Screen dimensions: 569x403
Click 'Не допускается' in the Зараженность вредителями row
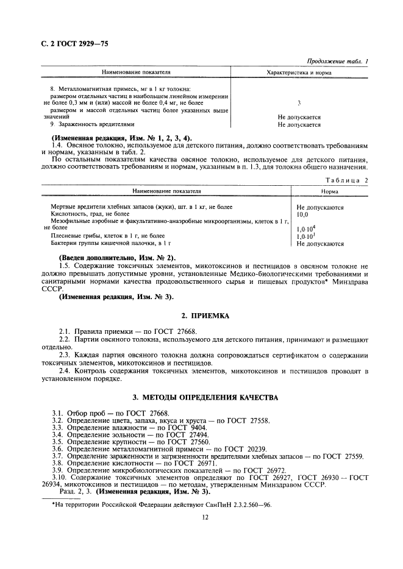coord(299,125)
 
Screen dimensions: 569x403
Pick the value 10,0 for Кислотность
coord(302,214)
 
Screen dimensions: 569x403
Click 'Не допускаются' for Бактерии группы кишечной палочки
coord(319,244)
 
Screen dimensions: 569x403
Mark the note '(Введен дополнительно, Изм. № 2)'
coord(116,257)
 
